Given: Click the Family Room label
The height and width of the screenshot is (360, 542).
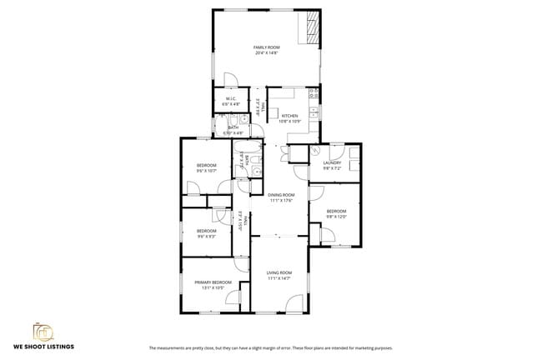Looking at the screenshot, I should coord(266,47).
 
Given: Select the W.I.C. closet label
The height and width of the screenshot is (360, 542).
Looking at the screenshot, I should coord(233,99).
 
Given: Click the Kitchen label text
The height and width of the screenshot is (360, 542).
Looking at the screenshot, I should coord(289,116).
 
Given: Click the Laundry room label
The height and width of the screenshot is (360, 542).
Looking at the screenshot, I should coord(332,163).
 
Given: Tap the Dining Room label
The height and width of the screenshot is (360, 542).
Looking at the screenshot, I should coord(282,195).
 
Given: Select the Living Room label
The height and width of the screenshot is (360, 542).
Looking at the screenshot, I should coord(279,272).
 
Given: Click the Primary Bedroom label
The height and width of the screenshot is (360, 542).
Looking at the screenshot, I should coord(213,282).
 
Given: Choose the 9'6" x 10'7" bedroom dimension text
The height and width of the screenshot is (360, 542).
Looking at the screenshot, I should coord(207,171).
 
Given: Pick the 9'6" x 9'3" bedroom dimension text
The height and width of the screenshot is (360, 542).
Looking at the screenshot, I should coord(206,236).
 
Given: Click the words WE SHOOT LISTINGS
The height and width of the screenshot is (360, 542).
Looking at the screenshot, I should coord(43,346).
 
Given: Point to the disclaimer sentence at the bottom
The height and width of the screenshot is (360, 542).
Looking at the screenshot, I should coord(270,347).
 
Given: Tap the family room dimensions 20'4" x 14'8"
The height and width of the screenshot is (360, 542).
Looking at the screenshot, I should coord(266,53).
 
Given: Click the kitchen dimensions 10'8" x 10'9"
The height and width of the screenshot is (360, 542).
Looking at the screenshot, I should coord(289,122).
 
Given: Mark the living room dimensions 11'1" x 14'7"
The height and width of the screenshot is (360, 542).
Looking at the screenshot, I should coord(279,278).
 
